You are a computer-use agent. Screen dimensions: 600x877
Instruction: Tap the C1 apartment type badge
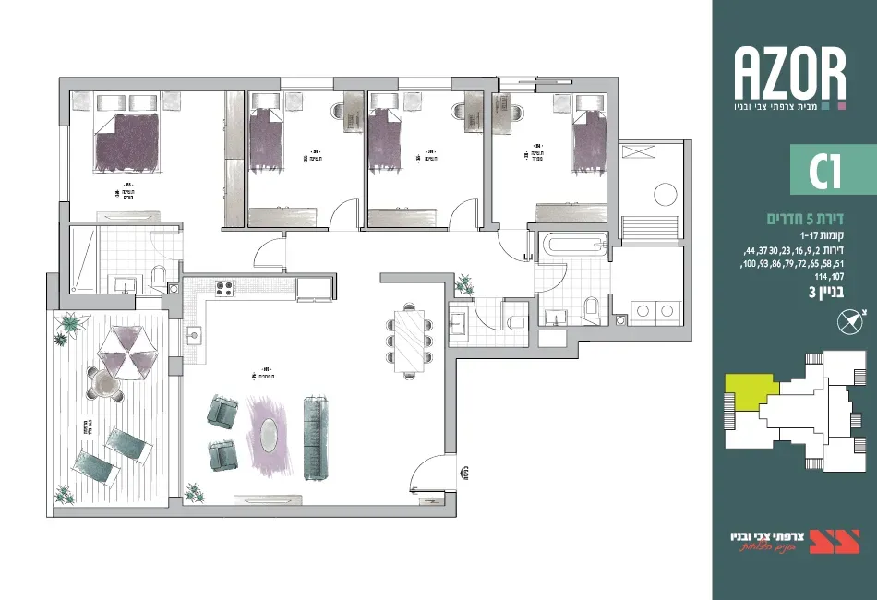click(x=816, y=172)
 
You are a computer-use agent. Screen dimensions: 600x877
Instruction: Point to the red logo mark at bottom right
click(x=824, y=541)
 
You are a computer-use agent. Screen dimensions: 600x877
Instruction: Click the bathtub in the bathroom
click(x=573, y=246)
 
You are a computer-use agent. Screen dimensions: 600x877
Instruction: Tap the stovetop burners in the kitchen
click(x=224, y=288)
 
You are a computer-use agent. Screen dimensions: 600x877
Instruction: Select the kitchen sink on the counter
click(x=195, y=333)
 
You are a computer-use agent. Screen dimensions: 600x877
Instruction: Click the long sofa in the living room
click(x=316, y=438)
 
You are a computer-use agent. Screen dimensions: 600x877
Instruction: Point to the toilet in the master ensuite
click(x=157, y=274)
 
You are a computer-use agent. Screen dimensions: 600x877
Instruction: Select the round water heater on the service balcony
click(x=665, y=194)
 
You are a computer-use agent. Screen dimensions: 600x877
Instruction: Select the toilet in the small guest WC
click(x=516, y=321)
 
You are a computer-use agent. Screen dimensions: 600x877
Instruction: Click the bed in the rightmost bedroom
click(x=585, y=141)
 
